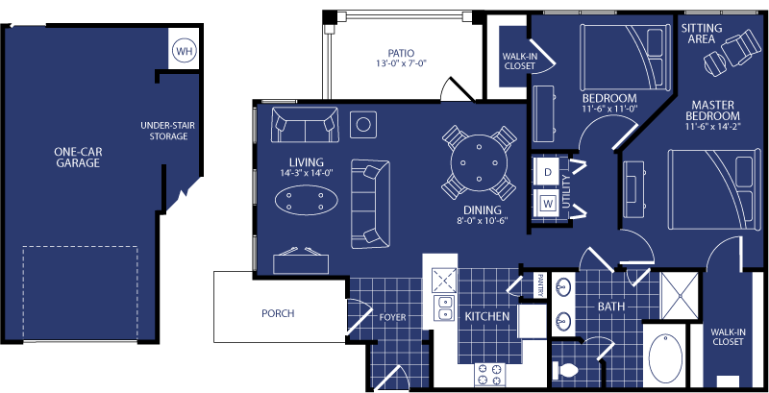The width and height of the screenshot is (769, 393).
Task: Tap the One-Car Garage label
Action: tap(79, 158)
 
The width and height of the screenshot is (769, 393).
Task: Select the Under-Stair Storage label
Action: tap(167, 131)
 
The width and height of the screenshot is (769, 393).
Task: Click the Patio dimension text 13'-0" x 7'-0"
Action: tap(401, 63)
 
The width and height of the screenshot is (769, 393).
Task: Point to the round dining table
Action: tap(479, 161)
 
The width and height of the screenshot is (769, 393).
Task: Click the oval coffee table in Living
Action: tap(306, 201)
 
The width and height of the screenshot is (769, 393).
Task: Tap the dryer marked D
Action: tap(548, 171)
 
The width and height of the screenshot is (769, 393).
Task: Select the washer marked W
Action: tap(547, 203)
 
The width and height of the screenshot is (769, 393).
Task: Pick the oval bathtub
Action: tap(665, 358)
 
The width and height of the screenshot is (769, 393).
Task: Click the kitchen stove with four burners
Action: tap(490, 374)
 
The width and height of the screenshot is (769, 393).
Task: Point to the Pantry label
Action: tap(540, 285)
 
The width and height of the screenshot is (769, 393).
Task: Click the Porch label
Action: tap(278, 313)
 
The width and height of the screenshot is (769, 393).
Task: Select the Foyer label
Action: tap(393, 317)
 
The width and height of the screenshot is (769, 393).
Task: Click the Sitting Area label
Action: tap(702, 34)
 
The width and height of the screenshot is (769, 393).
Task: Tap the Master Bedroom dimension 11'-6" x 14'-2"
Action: tap(713, 127)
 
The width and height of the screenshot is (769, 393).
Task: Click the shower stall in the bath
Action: tap(680, 295)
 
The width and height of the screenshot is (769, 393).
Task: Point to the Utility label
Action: tap(567, 191)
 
